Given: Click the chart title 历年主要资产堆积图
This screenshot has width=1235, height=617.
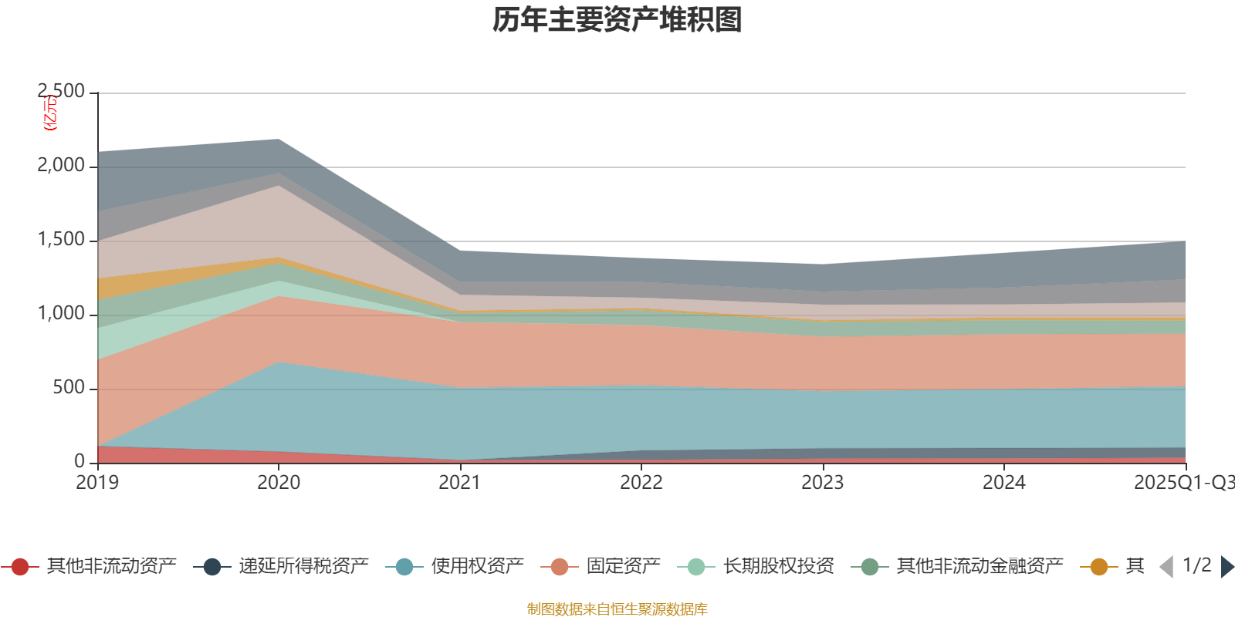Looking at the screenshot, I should (617, 21).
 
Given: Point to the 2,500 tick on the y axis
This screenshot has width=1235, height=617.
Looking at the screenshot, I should (62, 92).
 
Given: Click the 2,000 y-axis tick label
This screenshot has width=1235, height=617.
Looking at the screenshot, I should (62, 166).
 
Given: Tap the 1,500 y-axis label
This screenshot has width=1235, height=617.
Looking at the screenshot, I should (62, 240).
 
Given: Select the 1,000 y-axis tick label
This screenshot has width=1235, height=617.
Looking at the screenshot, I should (62, 314).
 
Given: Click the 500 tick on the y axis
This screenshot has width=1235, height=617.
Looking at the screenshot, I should (69, 388).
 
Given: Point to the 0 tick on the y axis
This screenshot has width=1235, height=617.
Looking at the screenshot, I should (80, 461).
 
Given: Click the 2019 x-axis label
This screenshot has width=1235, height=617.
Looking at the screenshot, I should (97, 483).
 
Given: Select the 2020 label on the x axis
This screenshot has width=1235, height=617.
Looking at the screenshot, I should (279, 483).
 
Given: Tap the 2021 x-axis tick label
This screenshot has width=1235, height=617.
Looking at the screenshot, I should (460, 483).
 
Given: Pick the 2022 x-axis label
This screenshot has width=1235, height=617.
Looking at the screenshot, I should (641, 483).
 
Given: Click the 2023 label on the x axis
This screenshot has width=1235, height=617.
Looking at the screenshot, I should (823, 483).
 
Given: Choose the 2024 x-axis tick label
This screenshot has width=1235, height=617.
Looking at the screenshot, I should (1004, 483).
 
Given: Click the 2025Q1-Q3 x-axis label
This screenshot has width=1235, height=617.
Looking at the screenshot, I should (1183, 483).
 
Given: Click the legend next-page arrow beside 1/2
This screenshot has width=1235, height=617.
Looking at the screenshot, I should (1227, 567).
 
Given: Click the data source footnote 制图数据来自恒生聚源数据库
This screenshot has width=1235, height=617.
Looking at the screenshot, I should (617, 609).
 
